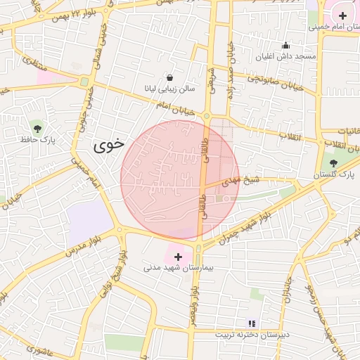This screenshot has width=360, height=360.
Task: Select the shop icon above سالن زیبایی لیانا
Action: [x=170, y=77]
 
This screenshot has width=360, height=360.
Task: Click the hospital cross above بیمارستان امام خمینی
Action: [x=342, y=15]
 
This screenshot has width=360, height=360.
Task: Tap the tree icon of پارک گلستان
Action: [x=333, y=162]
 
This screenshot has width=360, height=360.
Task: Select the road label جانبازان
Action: [x=288, y=289]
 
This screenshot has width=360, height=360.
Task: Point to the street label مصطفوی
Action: [x=34, y=64]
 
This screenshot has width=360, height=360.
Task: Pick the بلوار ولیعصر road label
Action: [x=195, y=295]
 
